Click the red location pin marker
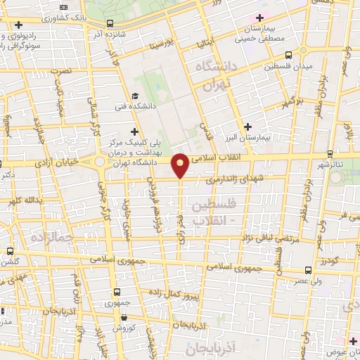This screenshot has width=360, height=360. (x=181, y=164)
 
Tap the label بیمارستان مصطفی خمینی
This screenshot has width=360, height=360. (x=262, y=33)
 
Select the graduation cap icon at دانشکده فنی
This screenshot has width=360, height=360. (x=135, y=96)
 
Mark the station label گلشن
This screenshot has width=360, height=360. (x=12, y=262)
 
